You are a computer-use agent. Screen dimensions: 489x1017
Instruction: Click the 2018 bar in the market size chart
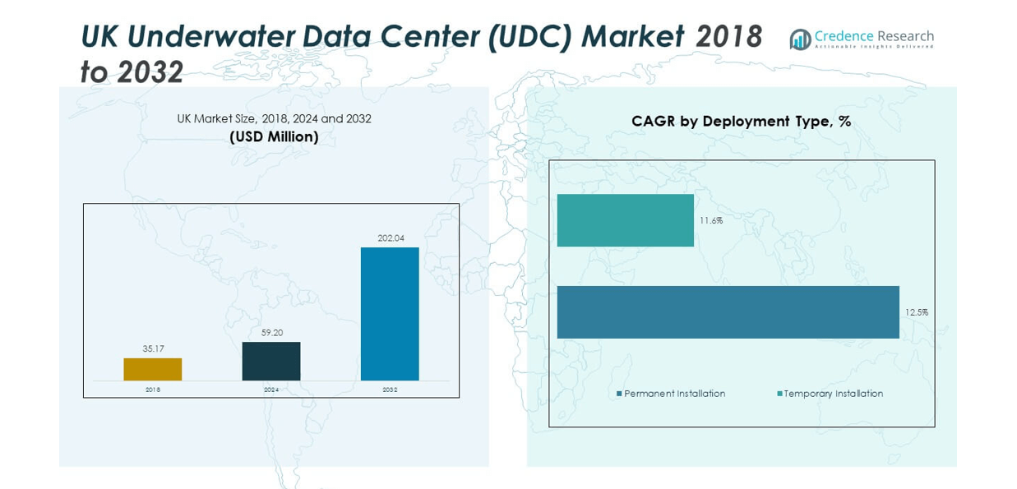pos(152,369)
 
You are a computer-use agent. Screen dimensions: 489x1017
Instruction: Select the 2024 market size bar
pos(271,361)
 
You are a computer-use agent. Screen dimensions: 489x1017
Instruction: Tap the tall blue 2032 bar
pos(390,313)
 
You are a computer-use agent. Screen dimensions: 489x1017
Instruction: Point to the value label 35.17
pos(153,349)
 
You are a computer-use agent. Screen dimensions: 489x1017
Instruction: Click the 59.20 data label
pos(271,333)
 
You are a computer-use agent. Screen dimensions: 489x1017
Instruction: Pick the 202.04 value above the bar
pos(391,238)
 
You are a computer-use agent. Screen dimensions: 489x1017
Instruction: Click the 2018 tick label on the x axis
pos(153,390)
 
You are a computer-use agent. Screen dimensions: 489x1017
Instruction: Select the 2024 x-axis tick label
pos(271,390)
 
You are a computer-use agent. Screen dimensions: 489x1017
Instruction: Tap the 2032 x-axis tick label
pos(390,390)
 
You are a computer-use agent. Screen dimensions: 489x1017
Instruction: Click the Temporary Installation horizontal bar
pos(625,220)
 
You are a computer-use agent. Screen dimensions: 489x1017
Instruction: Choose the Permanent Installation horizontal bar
pos(728,312)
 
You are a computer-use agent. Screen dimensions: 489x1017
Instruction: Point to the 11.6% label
pos(711,220)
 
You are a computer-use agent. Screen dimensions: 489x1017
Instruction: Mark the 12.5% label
pos(917,312)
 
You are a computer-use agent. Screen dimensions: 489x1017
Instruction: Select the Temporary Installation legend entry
pos(833,394)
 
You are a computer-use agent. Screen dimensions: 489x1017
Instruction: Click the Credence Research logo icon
pos(800,39)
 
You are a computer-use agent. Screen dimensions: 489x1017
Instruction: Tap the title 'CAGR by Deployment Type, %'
pos(741,122)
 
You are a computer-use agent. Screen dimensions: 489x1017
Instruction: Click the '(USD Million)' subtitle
pos(274,137)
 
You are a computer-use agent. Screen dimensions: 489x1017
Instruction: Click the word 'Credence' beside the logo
pos(843,36)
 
